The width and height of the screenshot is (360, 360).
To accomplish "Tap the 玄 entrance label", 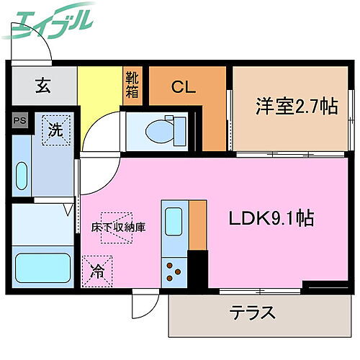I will tap(42, 87).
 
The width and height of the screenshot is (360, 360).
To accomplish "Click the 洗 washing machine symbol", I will tap(55, 130).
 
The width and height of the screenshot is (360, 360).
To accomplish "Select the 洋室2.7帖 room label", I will tap(295, 107).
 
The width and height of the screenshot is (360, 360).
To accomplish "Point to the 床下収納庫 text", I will tap(119, 227).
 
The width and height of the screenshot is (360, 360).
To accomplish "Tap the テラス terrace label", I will tap(253, 313).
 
